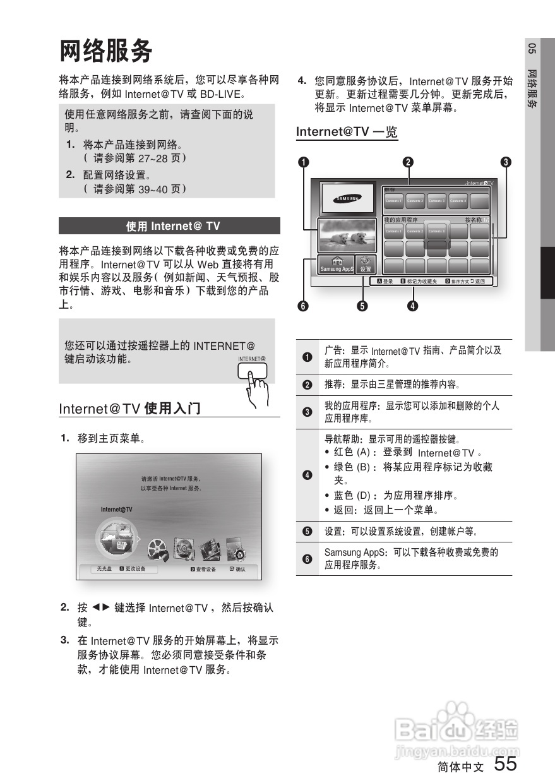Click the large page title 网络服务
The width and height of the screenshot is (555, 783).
pyautogui.click(x=106, y=51)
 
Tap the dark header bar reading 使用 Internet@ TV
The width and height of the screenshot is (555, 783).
pyautogui.click(x=169, y=226)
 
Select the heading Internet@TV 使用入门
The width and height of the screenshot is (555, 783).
pyautogui.click(x=129, y=409)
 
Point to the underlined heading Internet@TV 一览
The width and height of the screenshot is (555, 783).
pyautogui.click(x=347, y=132)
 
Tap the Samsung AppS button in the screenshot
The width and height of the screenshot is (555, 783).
pyautogui.click(x=337, y=265)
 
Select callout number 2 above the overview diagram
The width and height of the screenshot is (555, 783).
pyautogui.click(x=409, y=162)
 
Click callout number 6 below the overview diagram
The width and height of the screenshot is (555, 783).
pyautogui.click(x=304, y=306)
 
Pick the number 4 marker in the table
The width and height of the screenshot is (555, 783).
pyautogui.click(x=307, y=475)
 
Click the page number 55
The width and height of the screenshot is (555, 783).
pyautogui.click(x=505, y=764)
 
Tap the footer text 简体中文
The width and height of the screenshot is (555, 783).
pyautogui.click(x=460, y=767)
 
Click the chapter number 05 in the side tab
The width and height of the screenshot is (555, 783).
pyautogui.click(x=532, y=49)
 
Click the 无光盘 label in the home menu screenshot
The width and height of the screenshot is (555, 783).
pyautogui.click(x=104, y=569)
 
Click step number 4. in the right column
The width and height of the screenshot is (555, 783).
pyautogui.click(x=302, y=81)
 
